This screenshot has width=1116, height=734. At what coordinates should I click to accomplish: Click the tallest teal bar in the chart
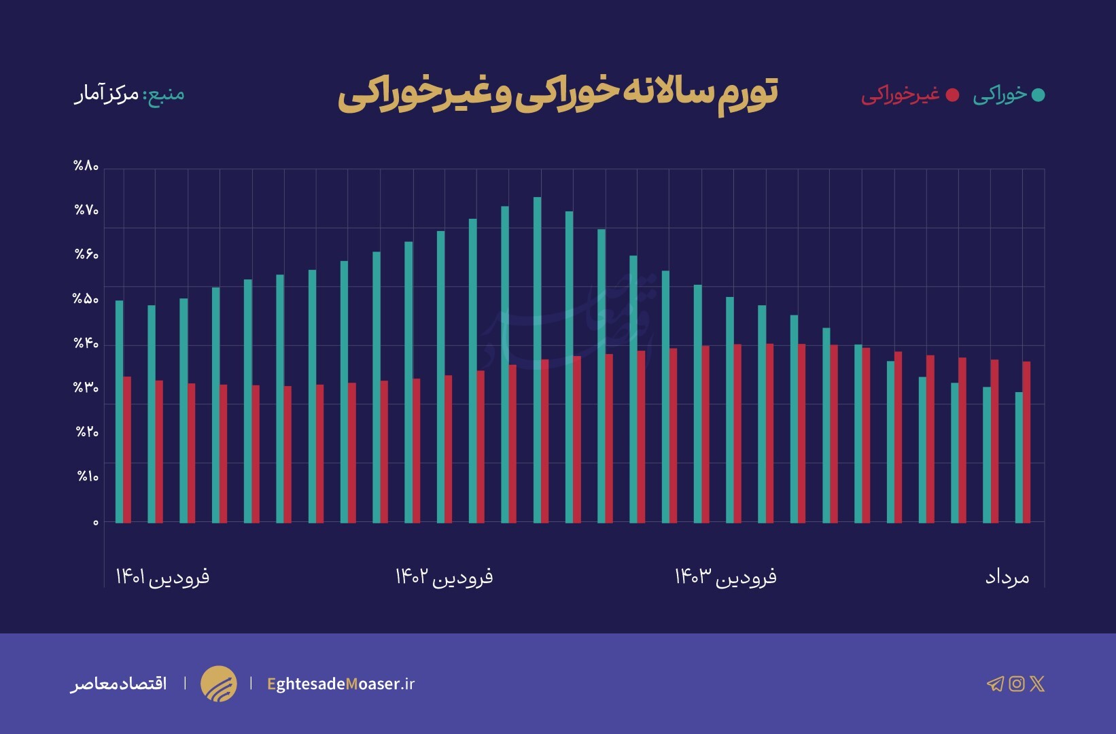(537, 360)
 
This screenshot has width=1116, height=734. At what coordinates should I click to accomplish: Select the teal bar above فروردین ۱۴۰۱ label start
(119, 411)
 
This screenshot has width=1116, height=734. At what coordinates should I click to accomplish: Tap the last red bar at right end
(1026, 442)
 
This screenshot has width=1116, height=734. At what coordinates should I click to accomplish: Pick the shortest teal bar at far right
(1018, 457)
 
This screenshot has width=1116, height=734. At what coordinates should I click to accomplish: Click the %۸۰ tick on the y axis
(86, 167)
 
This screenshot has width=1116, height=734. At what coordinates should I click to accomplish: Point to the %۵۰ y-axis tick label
(86, 299)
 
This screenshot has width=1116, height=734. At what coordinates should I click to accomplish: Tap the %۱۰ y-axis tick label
(88, 476)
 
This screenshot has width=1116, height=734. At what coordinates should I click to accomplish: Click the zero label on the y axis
(96, 523)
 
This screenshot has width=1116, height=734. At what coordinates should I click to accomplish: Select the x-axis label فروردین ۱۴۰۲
(444, 577)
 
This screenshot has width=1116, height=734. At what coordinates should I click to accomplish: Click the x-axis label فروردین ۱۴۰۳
(725, 577)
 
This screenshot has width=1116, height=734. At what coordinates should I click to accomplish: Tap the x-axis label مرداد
(1007, 578)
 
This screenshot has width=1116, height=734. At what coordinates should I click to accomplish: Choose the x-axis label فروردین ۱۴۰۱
(162, 577)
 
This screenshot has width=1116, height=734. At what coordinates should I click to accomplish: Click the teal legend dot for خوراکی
(1038, 95)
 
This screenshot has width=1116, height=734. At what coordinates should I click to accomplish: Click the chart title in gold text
(557, 94)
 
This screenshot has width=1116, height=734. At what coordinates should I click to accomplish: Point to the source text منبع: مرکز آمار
(129, 93)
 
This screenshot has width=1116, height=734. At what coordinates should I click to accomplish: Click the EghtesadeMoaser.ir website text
(341, 684)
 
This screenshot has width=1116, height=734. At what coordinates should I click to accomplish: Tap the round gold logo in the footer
(219, 684)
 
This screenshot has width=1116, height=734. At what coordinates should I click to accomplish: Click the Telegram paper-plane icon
(995, 684)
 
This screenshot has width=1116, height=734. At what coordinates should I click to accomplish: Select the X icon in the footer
(1037, 684)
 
